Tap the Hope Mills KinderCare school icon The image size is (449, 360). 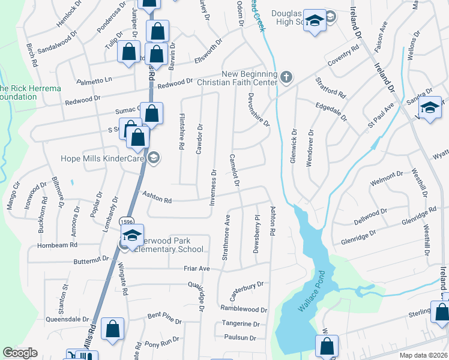tap(153, 158)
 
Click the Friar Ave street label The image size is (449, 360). tap(196, 268)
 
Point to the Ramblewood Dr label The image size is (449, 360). tap(243, 310)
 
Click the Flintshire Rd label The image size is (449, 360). tap(181, 131)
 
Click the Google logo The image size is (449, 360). tap(19, 353)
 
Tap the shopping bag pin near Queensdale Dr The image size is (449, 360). tap(112, 329)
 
